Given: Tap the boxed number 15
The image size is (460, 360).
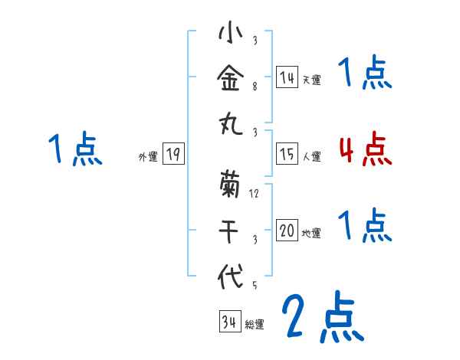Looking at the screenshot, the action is coord(287,155).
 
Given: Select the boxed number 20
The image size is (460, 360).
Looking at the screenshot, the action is coord(287,231).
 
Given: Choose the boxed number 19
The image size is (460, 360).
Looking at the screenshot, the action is coord(172,155).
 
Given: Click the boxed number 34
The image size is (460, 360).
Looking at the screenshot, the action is coord(229,322).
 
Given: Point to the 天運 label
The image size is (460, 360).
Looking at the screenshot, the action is coord(311,79).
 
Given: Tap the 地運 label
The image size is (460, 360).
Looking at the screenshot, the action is coord(311,233).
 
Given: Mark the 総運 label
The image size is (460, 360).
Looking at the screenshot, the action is coord(255,324).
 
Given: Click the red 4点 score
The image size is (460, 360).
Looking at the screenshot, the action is coord(365,149).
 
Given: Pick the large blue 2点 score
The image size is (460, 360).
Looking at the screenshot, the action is coord(322,317).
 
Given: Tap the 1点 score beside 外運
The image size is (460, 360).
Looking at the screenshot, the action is coord(75,149).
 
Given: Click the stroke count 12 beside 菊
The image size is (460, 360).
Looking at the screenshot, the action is coord(255,193).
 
